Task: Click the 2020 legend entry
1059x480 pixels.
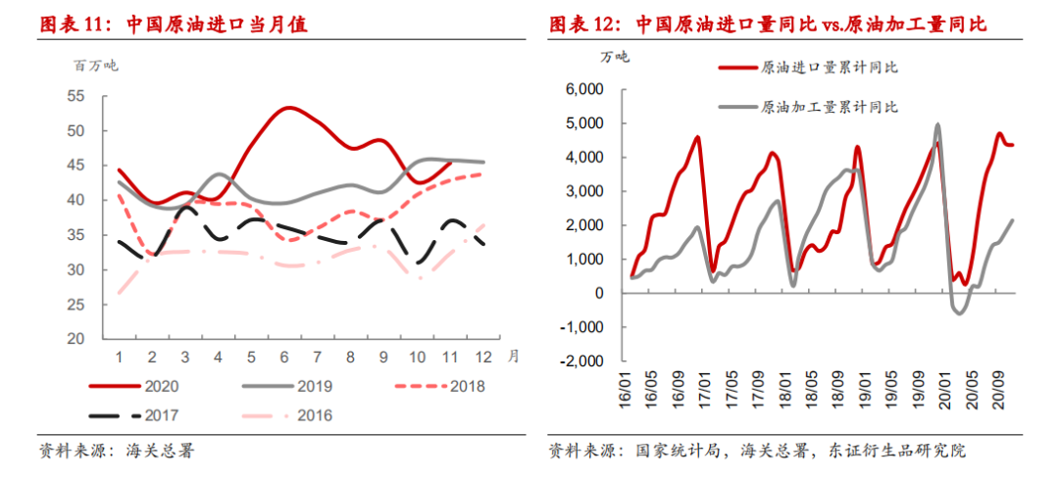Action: point(134,386)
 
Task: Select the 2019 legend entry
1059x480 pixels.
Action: point(287,386)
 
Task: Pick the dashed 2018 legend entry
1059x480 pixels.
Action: point(439,386)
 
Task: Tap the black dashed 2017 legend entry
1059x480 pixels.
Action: point(134,414)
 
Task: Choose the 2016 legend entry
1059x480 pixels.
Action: point(287,414)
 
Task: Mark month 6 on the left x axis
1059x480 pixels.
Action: point(284,356)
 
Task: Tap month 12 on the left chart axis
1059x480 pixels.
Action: point(482,356)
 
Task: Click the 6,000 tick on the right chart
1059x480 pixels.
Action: point(588,89)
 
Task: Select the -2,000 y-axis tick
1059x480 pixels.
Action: point(583,360)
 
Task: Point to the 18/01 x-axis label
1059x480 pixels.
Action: point(787,385)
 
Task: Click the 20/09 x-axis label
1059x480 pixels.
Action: point(996,385)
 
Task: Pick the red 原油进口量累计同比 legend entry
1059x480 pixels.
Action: point(807,68)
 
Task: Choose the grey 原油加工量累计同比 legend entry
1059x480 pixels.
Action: point(807,107)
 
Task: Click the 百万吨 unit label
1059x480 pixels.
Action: point(95,66)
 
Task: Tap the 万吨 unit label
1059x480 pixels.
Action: point(614,57)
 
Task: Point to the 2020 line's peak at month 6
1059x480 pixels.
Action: point(288,108)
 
